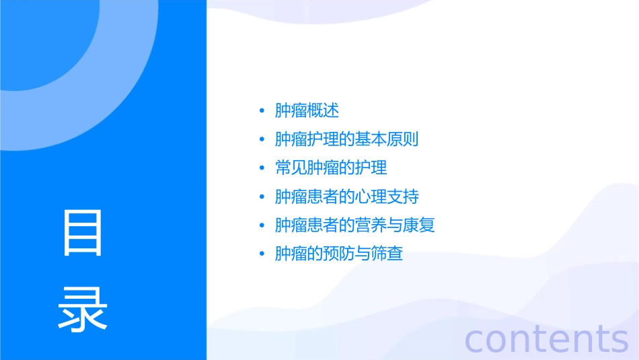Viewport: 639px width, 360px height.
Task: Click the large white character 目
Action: coord(83,232)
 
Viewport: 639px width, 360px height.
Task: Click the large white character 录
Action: coord(83,310)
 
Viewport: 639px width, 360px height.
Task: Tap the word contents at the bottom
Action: coord(546,338)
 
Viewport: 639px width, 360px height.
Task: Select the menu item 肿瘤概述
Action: coord(307,110)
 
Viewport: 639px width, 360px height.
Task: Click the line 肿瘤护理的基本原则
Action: coord(347,139)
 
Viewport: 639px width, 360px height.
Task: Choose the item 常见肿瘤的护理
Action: coord(331,168)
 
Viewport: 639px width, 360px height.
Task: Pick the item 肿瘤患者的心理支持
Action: coord(347,196)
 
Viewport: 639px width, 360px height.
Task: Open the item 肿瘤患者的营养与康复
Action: coord(355,225)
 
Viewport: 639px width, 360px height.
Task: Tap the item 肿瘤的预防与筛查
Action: coord(339,254)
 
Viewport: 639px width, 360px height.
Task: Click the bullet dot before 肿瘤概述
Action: coord(262,111)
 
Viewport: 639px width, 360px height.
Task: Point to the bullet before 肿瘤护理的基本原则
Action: coord(262,140)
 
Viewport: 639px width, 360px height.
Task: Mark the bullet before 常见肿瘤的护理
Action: coord(262,168)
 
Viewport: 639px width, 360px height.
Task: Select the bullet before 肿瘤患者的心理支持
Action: coord(262,197)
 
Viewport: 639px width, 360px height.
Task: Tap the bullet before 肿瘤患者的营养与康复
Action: coord(262,225)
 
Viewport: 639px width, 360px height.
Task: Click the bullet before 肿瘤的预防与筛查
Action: coord(262,254)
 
